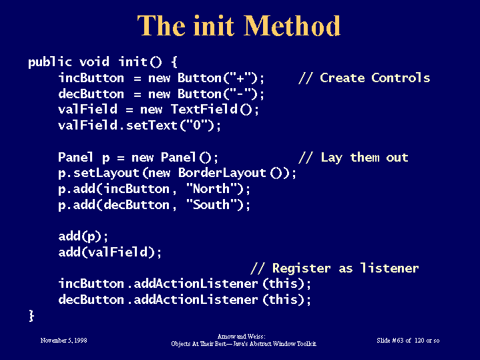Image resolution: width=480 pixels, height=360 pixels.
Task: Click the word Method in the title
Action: click(292, 26)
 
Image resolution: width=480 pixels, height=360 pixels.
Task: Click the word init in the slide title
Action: click(214, 26)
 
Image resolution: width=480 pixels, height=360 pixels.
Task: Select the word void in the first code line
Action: click(94, 61)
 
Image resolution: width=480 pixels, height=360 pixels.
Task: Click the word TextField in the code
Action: click(204, 109)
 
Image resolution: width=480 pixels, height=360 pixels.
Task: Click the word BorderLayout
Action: click(222, 173)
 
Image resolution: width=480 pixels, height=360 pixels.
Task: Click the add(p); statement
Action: click(83, 236)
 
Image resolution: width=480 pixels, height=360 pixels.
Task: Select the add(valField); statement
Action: click(110, 252)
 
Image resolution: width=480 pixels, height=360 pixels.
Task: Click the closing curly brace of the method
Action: click(31, 315)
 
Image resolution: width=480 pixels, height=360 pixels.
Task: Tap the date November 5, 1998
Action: click(63, 341)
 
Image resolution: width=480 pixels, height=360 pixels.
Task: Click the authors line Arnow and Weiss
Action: click(241, 337)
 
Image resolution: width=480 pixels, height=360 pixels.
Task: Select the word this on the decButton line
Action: click(284, 299)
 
